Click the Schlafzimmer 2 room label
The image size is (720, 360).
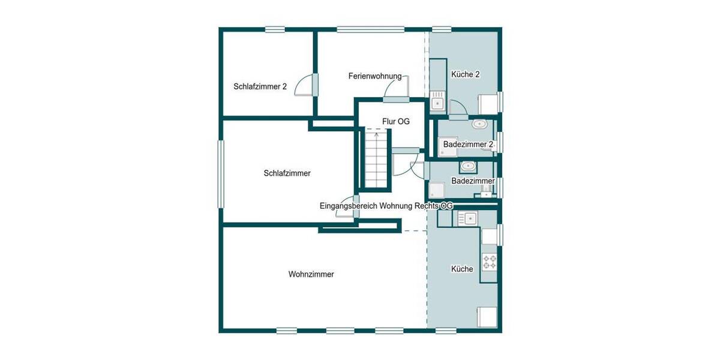(x=260, y=86)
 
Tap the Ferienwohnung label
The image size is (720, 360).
(x=374, y=76)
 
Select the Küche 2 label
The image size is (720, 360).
(x=465, y=74)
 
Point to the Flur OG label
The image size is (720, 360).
(x=395, y=121)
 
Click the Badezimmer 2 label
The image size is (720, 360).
(x=468, y=145)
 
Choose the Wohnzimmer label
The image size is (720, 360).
(x=311, y=274)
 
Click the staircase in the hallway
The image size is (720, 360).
(x=376, y=160)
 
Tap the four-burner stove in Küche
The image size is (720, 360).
(x=490, y=262)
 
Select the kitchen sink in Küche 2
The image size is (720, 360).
(x=437, y=103)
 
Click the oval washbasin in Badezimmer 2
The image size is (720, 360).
(x=479, y=124)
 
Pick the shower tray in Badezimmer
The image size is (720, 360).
(x=436, y=191)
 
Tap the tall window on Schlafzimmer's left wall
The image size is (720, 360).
(x=220, y=174)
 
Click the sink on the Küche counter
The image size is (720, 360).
(x=467, y=218)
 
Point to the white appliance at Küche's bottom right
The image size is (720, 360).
(x=487, y=316)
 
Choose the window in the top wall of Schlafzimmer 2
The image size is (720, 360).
(x=275, y=29)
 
